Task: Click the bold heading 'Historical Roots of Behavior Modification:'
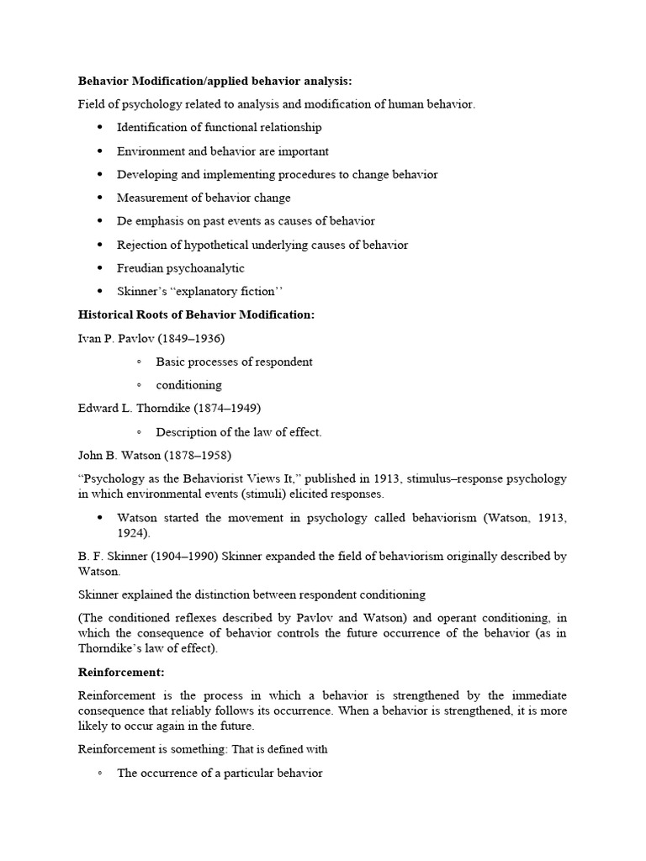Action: pyautogui.click(x=196, y=314)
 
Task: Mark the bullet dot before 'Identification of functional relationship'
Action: pyautogui.click(x=99, y=128)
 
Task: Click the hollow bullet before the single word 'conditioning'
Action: pyautogui.click(x=139, y=385)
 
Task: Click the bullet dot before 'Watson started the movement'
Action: pyautogui.click(x=99, y=518)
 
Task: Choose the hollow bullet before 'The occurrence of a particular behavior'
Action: pyautogui.click(x=99, y=773)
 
